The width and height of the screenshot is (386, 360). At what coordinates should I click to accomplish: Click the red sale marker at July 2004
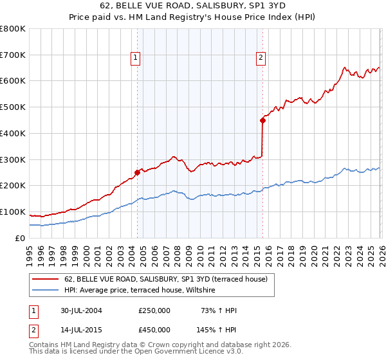coord(137,172)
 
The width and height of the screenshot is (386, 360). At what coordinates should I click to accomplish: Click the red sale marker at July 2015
coord(262,120)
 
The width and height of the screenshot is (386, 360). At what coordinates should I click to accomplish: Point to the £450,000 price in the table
coord(154,330)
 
